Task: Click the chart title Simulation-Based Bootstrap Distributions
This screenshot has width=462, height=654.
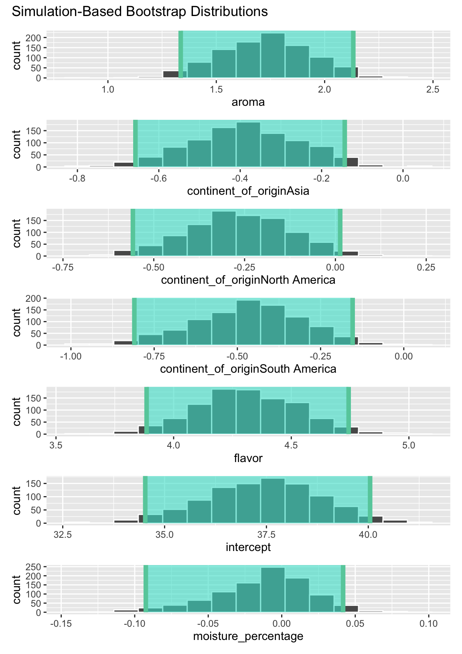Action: pos(140,12)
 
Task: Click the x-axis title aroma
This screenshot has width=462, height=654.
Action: pos(248,102)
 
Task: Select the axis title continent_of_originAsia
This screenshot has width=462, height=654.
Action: pos(248,191)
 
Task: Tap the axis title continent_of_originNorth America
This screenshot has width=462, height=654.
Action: pos(248,280)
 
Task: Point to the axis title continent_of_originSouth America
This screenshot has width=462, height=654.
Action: pos(248,369)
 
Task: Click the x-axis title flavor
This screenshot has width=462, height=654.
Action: pos(248,458)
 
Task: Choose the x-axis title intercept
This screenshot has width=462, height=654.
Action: pos(248,547)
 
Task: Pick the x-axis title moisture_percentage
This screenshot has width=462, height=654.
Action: pos(248,636)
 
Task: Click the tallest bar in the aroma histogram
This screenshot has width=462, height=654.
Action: pos(273,56)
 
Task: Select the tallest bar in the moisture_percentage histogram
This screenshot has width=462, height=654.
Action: pos(273,590)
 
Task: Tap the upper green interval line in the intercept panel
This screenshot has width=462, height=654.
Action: pos(370,499)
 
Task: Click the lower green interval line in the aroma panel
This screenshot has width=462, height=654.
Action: pos(181,54)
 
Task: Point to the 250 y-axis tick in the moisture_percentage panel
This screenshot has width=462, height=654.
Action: pos(36,567)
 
